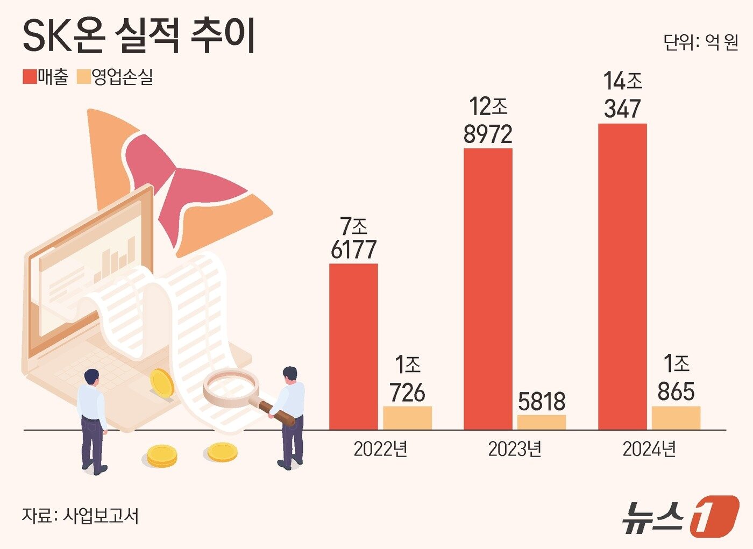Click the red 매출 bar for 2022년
tap(353, 346)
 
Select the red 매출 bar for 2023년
tap(488, 289)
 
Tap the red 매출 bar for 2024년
tap(622, 276)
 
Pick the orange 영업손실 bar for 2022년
tap(407, 418)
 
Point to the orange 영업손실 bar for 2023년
tap(542, 422)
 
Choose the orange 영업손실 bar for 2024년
tap(676, 418)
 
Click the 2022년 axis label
tap(380, 449)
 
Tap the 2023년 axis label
tap(515, 449)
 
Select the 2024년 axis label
tap(649, 449)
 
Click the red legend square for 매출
tap(29, 77)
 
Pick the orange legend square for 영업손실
tap(83, 77)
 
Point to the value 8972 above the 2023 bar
tap(488, 134)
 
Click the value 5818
tap(542, 401)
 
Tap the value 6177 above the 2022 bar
tap(353, 250)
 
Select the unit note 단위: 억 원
tap(701, 42)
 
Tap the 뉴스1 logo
tap(680, 517)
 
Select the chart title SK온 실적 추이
tap(139, 37)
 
